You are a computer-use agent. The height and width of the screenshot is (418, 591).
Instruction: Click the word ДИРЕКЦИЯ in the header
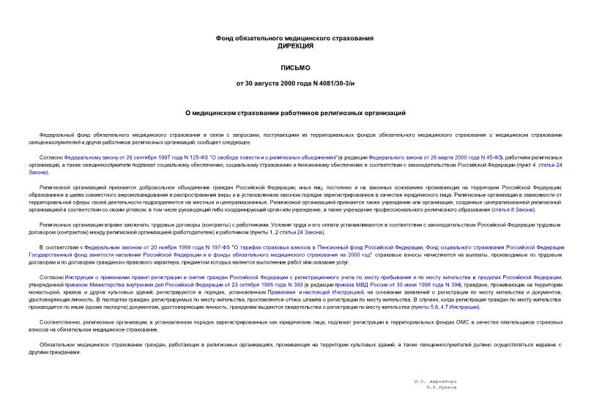[295, 46]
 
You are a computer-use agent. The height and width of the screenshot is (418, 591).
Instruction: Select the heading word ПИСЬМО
[295, 68]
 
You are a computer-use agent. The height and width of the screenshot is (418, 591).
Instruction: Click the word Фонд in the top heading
[226, 37]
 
